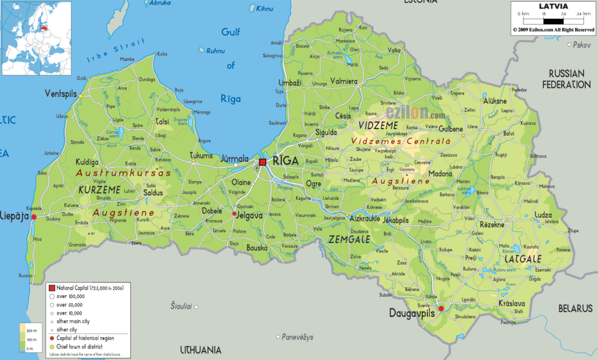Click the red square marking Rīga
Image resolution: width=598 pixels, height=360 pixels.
point(263,161)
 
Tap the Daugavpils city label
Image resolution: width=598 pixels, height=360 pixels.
point(413,313)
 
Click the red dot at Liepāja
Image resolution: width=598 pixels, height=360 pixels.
point(34,217)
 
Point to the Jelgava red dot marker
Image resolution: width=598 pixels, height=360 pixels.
point(234,214)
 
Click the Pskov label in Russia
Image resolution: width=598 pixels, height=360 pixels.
point(582,44)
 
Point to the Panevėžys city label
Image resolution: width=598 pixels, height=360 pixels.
point(298,337)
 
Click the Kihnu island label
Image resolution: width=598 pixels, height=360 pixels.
point(265,9)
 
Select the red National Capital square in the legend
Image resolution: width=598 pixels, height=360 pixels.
point(52,288)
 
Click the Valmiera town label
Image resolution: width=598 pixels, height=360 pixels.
point(344,81)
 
